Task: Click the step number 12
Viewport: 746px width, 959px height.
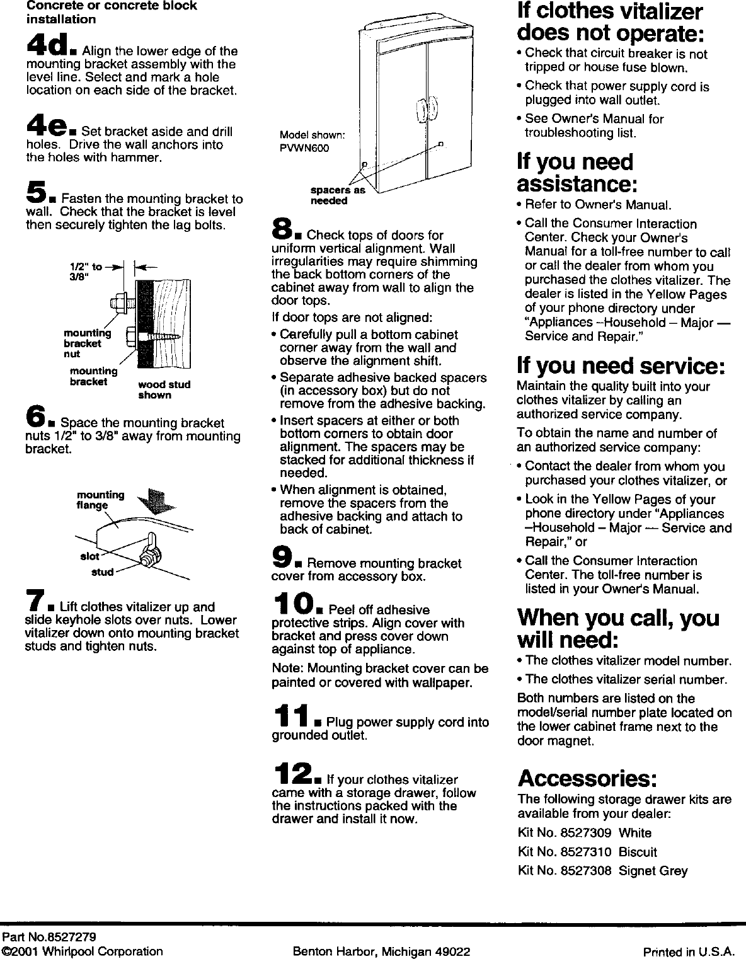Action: click(x=294, y=773)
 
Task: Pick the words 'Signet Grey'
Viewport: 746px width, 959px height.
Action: click(x=653, y=871)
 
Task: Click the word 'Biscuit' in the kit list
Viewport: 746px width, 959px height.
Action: click(x=638, y=852)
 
